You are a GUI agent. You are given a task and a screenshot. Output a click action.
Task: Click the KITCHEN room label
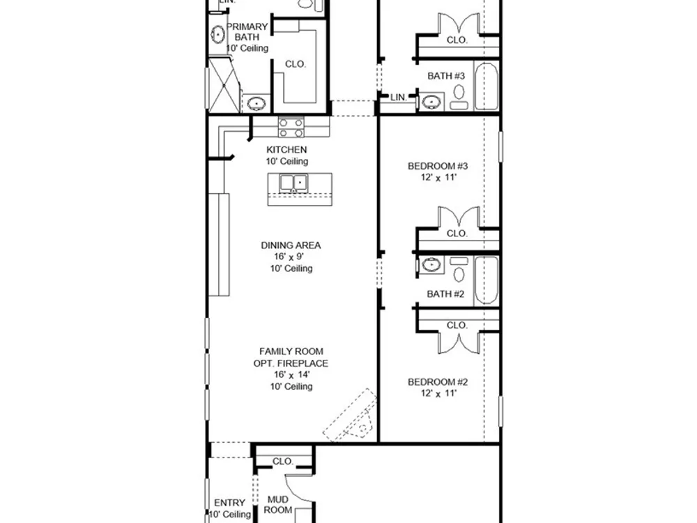(286, 149)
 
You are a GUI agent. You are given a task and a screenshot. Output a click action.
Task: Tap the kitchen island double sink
(293, 183)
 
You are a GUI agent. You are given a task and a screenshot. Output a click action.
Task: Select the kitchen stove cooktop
(291, 128)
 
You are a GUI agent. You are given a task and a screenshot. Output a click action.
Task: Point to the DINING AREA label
(291, 245)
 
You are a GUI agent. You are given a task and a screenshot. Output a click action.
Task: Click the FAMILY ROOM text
(291, 351)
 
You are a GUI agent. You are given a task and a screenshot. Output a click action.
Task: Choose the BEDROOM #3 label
(438, 167)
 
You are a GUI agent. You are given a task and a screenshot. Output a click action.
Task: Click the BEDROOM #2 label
(438, 382)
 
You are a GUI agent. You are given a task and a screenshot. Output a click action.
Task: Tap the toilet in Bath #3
(459, 97)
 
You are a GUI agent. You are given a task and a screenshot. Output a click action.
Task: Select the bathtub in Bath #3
(486, 86)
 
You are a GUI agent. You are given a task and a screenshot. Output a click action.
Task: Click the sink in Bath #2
(431, 265)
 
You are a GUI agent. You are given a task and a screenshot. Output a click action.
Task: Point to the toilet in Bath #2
(459, 269)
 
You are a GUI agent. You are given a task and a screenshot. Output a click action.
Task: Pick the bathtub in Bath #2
(486, 280)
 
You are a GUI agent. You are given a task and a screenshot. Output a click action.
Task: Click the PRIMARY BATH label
(247, 32)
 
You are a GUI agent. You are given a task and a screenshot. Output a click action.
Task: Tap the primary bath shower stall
(224, 84)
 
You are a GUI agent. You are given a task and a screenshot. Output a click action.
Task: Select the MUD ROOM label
(278, 505)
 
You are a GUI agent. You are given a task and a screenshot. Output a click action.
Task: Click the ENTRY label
(229, 503)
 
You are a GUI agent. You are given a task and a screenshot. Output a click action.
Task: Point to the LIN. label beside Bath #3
(399, 97)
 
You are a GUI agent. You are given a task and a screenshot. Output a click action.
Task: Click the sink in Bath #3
(431, 103)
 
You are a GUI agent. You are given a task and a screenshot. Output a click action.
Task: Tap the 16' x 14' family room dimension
(291, 374)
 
